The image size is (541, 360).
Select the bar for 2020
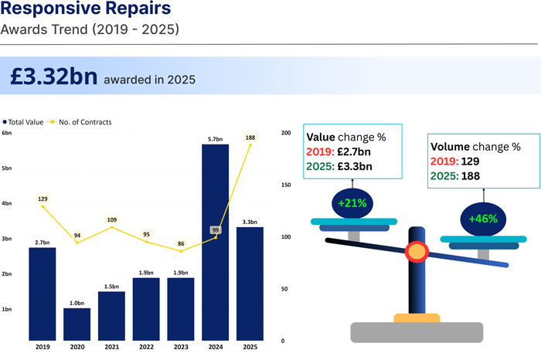click(x=77, y=324)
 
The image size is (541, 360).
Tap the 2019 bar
click(x=43, y=294)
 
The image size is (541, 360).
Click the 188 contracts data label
click(x=250, y=138)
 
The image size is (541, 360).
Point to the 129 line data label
click(x=43, y=199)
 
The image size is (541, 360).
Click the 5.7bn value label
click(x=216, y=139)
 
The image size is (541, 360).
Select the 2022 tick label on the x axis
click(x=147, y=348)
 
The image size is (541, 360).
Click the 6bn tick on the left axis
click(x=7, y=134)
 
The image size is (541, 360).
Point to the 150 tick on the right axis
click(x=285, y=185)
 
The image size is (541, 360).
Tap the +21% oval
click(x=352, y=203)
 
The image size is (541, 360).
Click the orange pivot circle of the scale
click(x=417, y=252)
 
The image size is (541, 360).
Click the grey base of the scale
click(x=417, y=332)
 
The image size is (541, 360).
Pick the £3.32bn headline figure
click(x=54, y=77)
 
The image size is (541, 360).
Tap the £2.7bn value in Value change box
click(x=359, y=151)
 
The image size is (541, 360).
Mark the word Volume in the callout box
click(x=449, y=146)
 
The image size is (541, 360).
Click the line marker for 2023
click(x=181, y=251)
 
